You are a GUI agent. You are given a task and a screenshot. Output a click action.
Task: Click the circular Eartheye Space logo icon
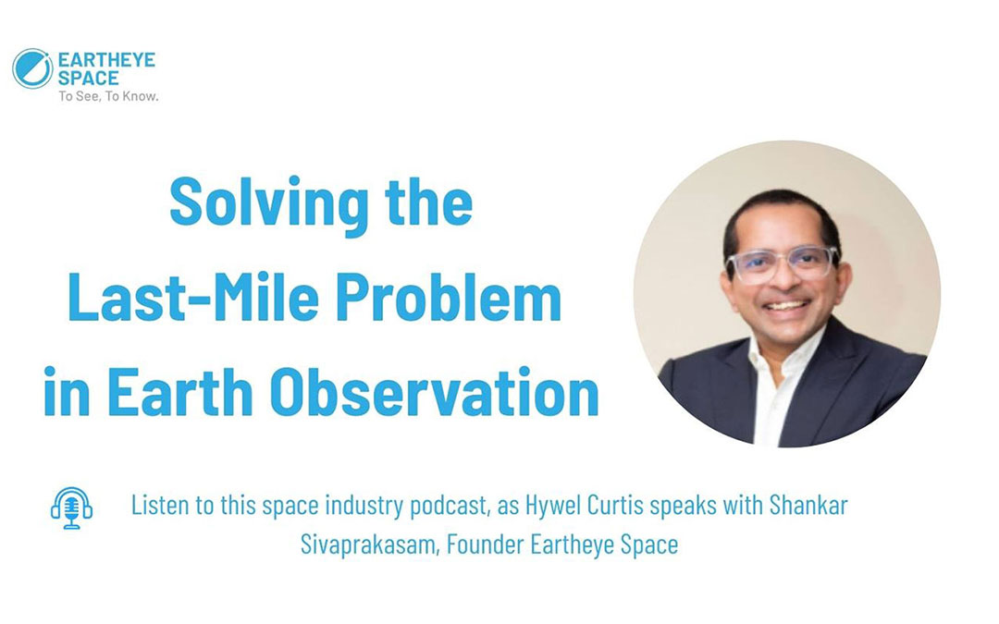(x=32, y=68)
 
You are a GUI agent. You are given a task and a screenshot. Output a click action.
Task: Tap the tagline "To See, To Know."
(x=108, y=95)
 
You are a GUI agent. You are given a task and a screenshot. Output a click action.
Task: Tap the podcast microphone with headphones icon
(x=71, y=508)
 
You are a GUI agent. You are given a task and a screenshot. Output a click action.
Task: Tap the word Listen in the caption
(x=158, y=507)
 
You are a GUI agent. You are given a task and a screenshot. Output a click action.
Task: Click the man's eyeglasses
(x=782, y=264)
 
